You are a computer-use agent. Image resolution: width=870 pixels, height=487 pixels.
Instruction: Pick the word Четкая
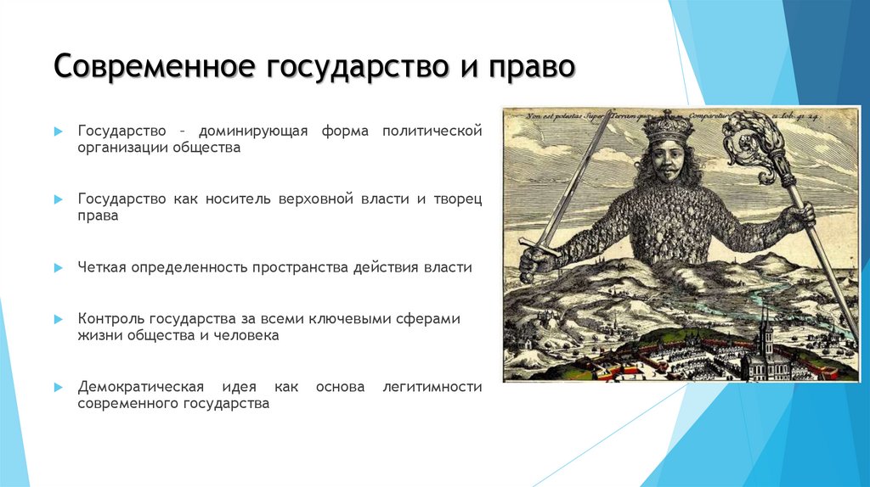click(x=102, y=267)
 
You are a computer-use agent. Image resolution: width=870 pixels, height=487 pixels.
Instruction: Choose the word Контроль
click(x=110, y=319)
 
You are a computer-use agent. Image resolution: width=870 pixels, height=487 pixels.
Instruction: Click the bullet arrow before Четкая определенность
click(x=58, y=267)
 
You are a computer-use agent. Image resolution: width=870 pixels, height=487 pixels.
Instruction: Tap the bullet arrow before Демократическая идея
click(x=58, y=387)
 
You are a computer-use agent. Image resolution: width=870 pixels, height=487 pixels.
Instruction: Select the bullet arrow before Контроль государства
click(x=58, y=319)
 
